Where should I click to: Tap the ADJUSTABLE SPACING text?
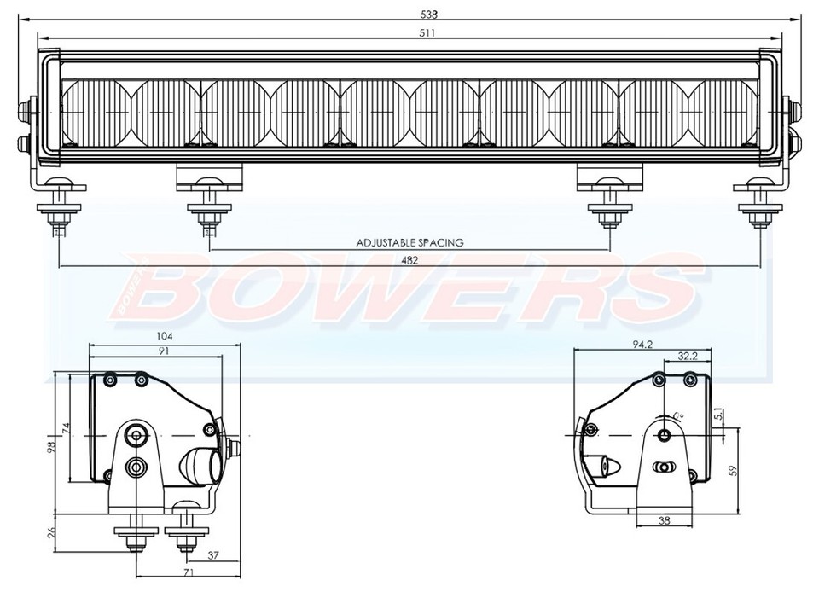(409, 242)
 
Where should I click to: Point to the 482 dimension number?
(409, 261)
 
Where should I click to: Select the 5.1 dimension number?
(718, 415)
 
